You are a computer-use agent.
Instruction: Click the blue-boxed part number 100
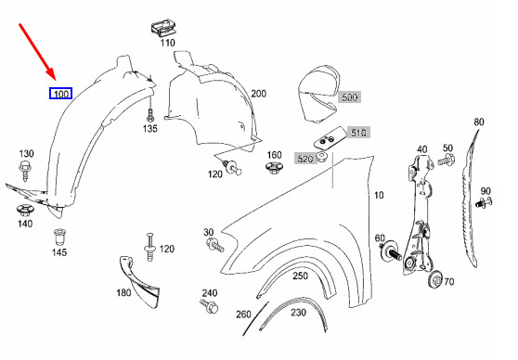pos(60,94)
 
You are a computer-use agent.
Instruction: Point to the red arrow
pos(38,52)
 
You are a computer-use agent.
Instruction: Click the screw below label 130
pos(25,170)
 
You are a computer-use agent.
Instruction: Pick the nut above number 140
pos(25,210)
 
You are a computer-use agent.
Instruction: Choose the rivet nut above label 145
pos(58,237)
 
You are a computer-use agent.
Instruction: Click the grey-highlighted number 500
pos(349,97)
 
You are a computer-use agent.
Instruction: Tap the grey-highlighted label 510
pos(358,133)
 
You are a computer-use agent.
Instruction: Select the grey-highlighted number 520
pos(304,159)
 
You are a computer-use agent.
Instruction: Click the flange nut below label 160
pos(273,167)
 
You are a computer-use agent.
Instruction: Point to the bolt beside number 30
pos(215,245)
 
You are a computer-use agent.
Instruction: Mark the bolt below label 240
pos(210,306)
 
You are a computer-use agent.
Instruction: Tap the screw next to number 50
pos(446,160)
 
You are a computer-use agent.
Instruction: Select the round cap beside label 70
pos(435,280)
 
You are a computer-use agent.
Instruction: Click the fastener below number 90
pos(484,201)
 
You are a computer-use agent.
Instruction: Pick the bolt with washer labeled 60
pos(390,251)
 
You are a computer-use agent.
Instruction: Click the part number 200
pos(258,94)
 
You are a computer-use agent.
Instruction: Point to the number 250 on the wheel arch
pos(300,276)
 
